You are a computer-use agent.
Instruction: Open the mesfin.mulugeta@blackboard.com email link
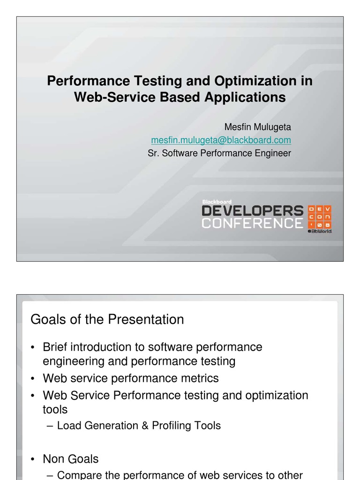point(221,140)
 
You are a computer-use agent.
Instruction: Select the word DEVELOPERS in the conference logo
point(253,211)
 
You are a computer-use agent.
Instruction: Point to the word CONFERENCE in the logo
point(253,223)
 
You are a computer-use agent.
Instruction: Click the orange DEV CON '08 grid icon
point(320,217)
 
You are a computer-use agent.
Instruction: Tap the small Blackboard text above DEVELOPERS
point(217,202)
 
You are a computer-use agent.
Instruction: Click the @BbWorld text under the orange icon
point(320,232)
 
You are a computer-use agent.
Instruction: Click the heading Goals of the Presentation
point(107,320)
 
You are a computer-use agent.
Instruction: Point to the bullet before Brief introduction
point(33,348)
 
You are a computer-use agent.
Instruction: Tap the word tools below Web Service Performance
point(55,410)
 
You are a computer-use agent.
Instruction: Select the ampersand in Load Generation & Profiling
point(145,426)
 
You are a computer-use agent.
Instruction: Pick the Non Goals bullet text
point(71,459)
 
